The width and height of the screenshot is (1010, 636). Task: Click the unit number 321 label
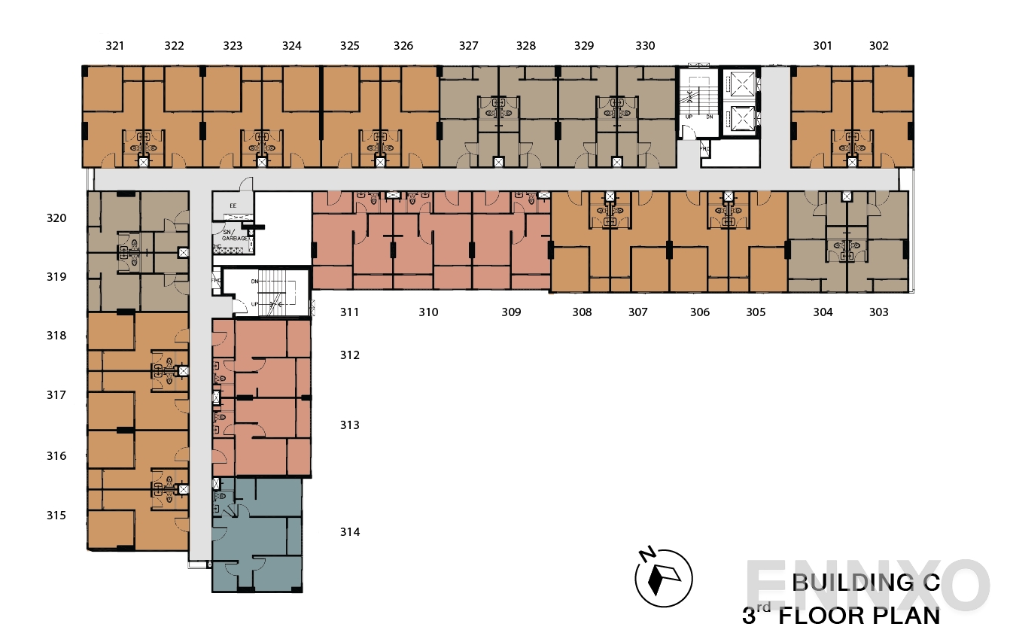pyautogui.click(x=114, y=46)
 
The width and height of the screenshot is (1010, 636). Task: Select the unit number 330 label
pyautogui.click(x=645, y=46)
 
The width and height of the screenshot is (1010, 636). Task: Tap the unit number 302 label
pyautogui.click(x=878, y=46)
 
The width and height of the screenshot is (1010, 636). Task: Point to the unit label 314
pyautogui.click(x=349, y=532)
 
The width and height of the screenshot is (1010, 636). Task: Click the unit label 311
pyautogui.click(x=348, y=312)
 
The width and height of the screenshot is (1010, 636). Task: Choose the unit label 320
pyautogui.click(x=57, y=218)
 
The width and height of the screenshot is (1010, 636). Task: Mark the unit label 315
pyautogui.click(x=56, y=516)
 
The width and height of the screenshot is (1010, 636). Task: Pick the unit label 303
pyautogui.click(x=878, y=312)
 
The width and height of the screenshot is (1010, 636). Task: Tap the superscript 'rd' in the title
pyautogui.click(x=765, y=608)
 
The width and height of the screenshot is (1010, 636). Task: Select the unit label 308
pyautogui.click(x=582, y=312)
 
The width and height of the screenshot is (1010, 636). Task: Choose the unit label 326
pyautogui.click(x=403, y=46)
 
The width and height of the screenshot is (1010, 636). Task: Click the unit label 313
pyautogui.click(x=349, y=425)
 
